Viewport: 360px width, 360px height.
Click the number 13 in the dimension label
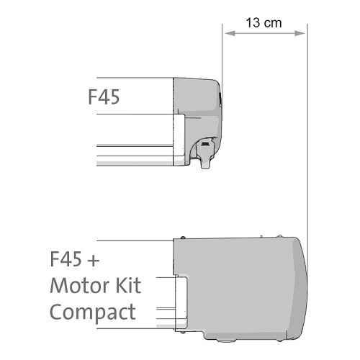pos(253,23)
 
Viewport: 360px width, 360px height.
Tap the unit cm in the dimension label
pos(273,24)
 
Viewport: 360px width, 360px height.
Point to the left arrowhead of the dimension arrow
pos(230,33)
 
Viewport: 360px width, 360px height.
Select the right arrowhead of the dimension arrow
pos(300,33)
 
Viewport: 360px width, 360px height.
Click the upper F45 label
pos(104,96)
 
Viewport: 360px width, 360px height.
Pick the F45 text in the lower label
pos(66,259)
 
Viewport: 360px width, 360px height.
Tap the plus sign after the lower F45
pos(94,261)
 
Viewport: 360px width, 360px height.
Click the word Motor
pos(81,285)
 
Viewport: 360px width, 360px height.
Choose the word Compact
pos(93,312)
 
